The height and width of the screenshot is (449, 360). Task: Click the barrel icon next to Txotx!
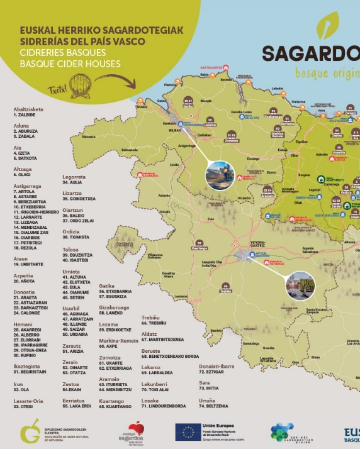click(81, 82)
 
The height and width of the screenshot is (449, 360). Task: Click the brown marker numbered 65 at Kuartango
click(201, 243)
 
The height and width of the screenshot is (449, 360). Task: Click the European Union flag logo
click(188, 432)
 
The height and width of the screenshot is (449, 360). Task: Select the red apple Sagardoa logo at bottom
click(136, 431)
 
